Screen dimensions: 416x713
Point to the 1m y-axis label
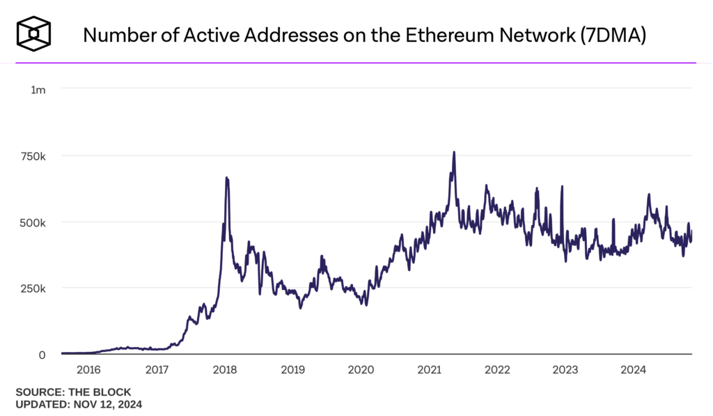[x=38, y=89]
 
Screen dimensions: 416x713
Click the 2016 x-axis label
[x=89, y=369]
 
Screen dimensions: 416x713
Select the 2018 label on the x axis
[x=226, y=369]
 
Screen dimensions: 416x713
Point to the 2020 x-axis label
[x=362, y=369]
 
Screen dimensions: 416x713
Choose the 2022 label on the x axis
[x=499, y=369]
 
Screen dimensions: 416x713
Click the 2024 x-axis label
[x=634, y=369]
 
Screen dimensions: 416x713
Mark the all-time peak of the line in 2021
[x=454, y=152]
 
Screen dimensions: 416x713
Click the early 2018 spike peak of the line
[x=226, y=178]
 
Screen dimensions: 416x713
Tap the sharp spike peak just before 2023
[x=561, y=187]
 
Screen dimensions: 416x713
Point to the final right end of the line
[x=691, y=231]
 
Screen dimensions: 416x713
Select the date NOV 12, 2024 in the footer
[x=105, y=403]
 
